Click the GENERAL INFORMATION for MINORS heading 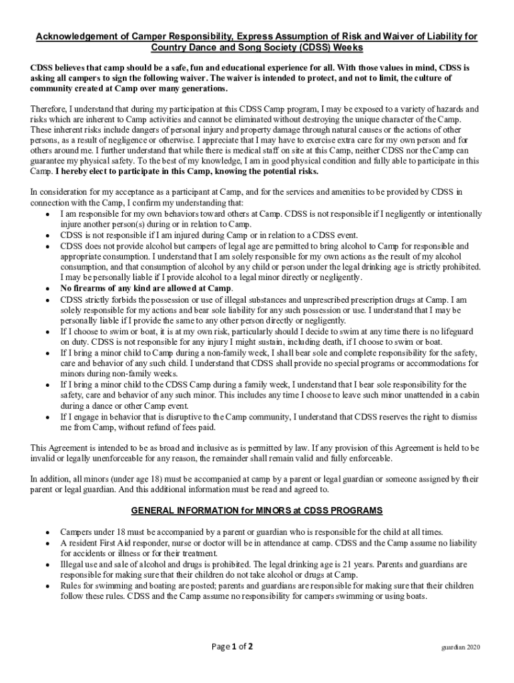(256, 511)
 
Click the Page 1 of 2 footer (232, 646)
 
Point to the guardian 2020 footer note (461, 648)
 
